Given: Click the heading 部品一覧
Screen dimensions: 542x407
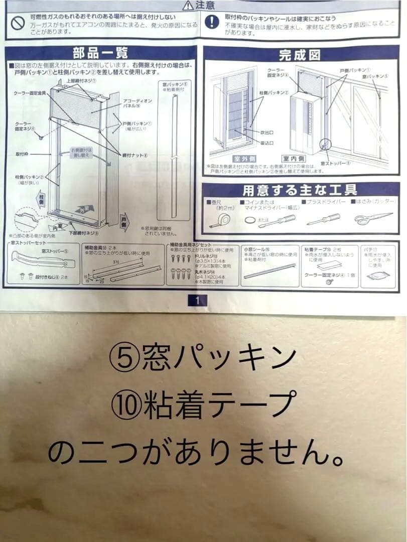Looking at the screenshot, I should coord(100,53).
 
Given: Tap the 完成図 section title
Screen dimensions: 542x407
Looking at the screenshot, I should coord(299,54).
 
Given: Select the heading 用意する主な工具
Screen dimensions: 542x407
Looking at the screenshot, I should coord(300,190).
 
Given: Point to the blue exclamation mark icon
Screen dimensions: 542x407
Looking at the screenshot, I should coord(213,21).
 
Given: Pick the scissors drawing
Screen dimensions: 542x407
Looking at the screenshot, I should coord(372,218).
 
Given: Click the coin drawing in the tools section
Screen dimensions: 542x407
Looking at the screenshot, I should coord(249,220).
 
